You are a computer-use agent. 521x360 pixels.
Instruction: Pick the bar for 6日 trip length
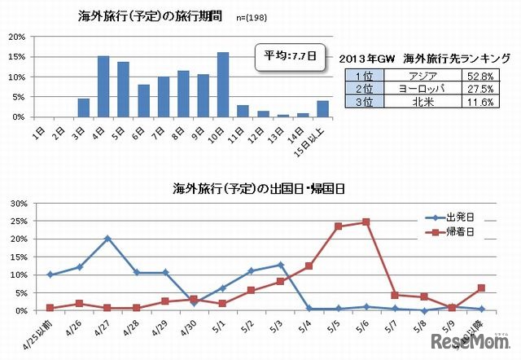tap(143, 100)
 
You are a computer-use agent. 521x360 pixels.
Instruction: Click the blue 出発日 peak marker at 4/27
tap(107, 239)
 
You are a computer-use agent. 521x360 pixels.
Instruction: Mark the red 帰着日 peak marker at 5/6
tap(366, 222)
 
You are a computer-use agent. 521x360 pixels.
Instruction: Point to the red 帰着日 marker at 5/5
tap(338, 226)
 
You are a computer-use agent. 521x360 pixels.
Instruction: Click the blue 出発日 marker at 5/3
tap(280, 265)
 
